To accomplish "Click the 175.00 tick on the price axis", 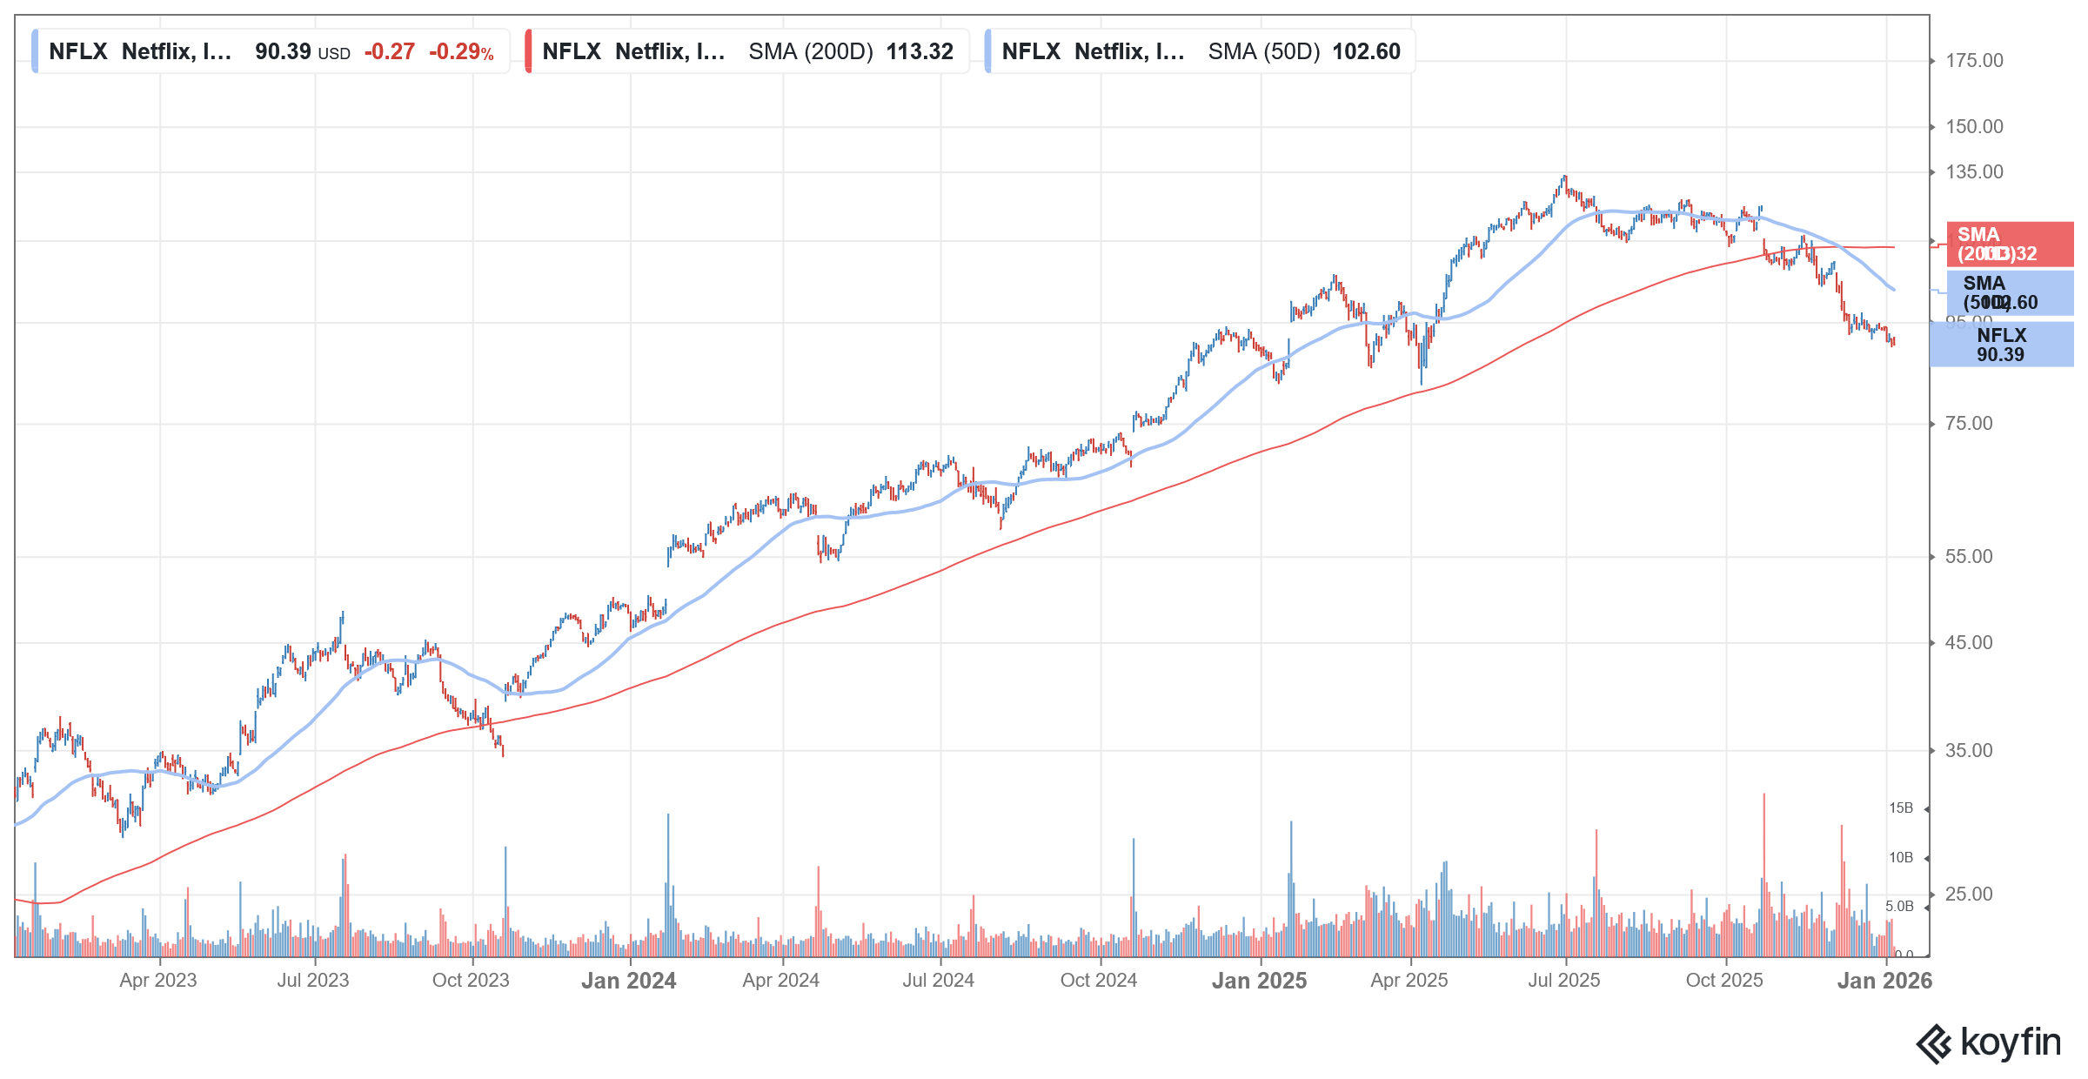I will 1973,61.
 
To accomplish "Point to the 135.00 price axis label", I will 1973,172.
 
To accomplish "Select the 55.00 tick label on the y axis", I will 1968,557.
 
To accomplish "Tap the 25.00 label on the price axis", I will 1968,895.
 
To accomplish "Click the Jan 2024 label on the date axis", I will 628,981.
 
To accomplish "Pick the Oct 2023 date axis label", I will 471,981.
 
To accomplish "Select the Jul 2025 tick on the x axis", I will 1563,981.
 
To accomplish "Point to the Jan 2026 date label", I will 1884,981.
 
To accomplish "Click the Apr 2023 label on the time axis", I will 158,981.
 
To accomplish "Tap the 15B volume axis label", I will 1900,808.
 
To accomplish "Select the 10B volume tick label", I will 1900,858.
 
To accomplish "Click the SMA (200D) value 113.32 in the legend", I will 920,51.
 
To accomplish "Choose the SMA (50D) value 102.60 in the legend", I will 1366,51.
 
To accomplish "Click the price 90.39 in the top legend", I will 283,51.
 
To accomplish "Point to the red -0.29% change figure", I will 461,51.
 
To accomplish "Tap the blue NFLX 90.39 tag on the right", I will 2001,345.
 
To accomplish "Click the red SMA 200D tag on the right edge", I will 2001,245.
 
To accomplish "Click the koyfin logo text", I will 2010,1042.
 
